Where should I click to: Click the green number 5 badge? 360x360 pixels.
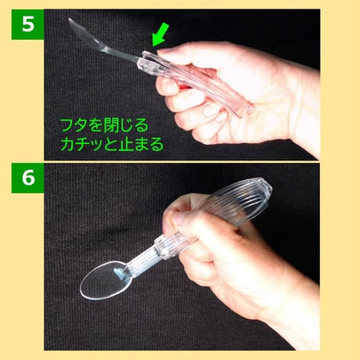pyautogui.click(x=26, y=24)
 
